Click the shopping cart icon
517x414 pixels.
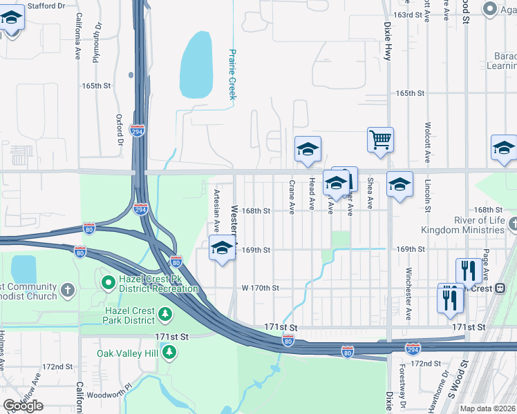(380, 139)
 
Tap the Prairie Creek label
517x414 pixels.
(233, 75)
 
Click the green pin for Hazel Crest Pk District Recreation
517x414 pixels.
(108, 282)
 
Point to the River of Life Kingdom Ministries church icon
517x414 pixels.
(512, 224)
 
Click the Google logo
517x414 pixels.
(23, 406)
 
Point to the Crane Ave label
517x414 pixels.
(292, 197)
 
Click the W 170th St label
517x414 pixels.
(260, 288)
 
